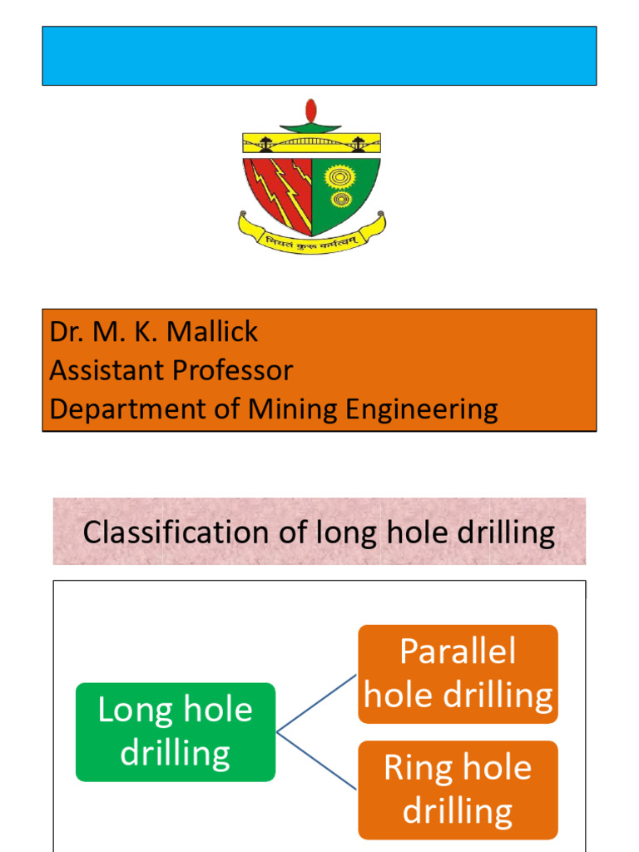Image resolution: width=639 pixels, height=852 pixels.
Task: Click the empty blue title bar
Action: pos(319,56)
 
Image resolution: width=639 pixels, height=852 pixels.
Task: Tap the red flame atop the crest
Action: pos(311,111)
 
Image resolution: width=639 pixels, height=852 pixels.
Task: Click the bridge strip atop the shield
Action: pos(311,143)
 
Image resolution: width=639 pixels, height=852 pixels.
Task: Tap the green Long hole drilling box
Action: pos(176,732)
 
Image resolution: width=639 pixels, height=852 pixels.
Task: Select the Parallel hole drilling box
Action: pos(458,674)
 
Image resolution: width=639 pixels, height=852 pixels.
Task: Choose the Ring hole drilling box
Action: pos(458,790)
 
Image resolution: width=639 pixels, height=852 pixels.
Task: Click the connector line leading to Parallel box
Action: pos(317,704)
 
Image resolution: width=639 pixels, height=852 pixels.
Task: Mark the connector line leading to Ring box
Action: pos(317,760)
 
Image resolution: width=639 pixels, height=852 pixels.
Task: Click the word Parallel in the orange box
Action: pos(458,651)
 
